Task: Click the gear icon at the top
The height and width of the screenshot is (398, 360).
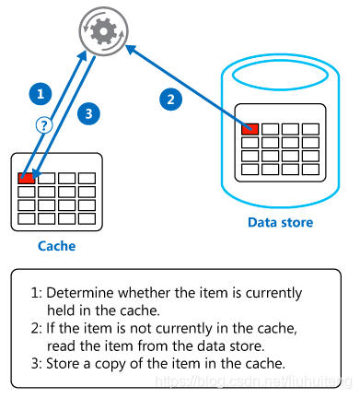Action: click(104, 31)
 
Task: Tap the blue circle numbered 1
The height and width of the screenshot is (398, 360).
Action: click(41, 94)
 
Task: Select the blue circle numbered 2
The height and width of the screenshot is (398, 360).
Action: click(171, 99)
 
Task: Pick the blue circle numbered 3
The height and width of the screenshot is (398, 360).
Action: click(88, 114)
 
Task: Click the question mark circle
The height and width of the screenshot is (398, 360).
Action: click(44, 125)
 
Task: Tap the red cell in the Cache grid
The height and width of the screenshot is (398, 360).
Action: click(27, 178)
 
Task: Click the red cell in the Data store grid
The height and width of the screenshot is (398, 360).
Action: click(250, 129)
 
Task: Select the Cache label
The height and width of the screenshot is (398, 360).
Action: click(57, 246)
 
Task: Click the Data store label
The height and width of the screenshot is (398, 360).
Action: click(281, 222)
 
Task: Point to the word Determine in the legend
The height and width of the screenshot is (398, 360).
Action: click(80, 293)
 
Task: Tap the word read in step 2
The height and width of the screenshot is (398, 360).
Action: click(62, 345)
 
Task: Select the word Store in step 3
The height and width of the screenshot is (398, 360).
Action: click(64, 364)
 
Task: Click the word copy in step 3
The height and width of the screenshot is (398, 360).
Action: click(110, 365)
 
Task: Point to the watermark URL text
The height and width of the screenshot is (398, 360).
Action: click(253, 381)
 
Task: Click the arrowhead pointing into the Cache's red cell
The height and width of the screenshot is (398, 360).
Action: click(36, 174)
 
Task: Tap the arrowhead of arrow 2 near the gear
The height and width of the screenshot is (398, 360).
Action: click(131, 49)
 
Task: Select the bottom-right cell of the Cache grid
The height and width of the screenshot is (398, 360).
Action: click(87, 219)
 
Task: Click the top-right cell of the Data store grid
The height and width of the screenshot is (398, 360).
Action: click(310, 129)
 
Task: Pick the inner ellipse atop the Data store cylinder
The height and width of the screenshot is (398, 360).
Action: click(280, 89)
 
